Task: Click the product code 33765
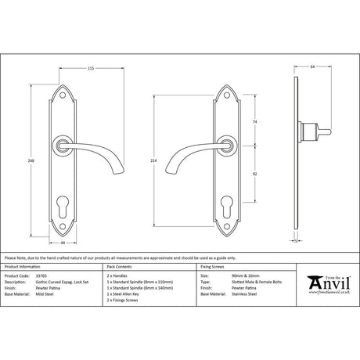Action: (x=45, y=276)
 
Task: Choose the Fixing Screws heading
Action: (x=217, y=268)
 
